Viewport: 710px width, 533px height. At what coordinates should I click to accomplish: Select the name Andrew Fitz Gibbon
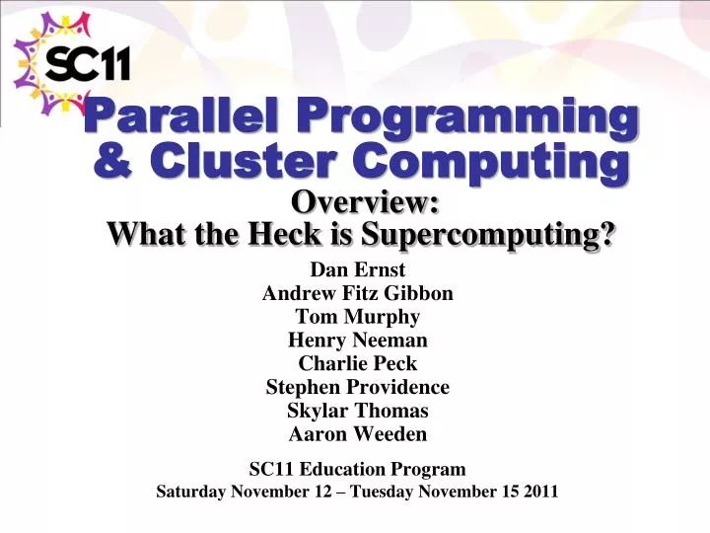pos(357,293)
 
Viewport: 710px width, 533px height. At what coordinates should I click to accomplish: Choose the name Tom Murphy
pos(357,317)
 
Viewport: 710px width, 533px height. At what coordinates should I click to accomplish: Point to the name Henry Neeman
pos(357,341)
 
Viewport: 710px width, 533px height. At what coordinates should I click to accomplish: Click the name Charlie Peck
pos(357,363)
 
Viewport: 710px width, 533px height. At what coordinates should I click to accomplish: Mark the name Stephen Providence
pos(357,387)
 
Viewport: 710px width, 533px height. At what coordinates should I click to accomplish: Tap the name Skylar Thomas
pos(357,411)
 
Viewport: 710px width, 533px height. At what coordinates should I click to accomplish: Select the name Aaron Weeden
pos(357,434)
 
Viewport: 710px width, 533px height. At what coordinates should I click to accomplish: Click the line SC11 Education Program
pos(357,469)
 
